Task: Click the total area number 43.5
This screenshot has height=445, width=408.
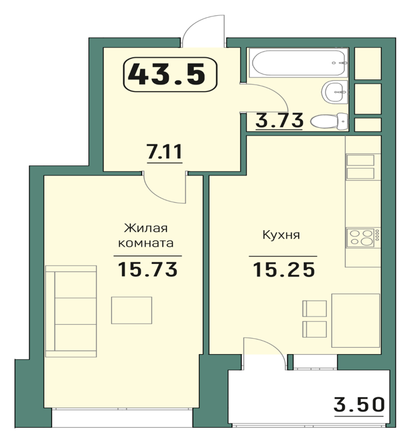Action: pyautogui.click(x=167, y=74)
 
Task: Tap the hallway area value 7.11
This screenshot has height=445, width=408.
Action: pyautogui.click(x=164, y=151)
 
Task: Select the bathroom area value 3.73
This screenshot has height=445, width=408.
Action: pyautogui.click(x=280, y=120)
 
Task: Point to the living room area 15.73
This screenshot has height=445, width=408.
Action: pyautogui.click(x=147, y=269)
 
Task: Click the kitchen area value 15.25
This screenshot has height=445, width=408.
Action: pyautogui.click(x=283, y=270)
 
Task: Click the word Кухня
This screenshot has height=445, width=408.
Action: pyautogui.click(x=281, y=235)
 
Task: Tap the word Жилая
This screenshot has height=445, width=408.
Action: pyautogui.click(x=146, y=228)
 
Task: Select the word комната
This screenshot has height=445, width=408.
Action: pyautogui.click(x=146, y=243)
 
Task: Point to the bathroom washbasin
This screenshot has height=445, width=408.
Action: pyautogui.click(x=335, y=92)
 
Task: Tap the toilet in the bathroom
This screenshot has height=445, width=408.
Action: pyautogui.click(x=329, y=121)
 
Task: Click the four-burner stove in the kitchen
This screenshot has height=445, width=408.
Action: pyautogui.click(x=363, y=237)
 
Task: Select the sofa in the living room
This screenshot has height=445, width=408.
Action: pyautogui.click(x=71, y=311)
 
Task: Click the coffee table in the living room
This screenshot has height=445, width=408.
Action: pyautogui.click(x=132, y=310)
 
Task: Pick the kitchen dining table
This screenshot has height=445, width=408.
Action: pyautogui.click(x=356, y=320)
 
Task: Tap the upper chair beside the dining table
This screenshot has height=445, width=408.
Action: pyautogui.click(x=315, y=308)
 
